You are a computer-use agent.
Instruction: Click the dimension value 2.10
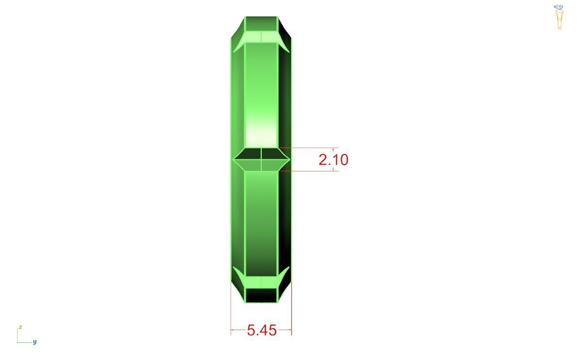click(x=333, y=159)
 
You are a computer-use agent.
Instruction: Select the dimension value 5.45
click(x=261, y=330)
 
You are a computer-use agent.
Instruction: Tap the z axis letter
click(x=20, y=328)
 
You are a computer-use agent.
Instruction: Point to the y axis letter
click(x=35, y=342)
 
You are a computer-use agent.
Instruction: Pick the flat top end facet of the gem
click(x=261, y=23)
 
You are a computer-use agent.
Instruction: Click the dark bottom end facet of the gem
click(x=261, y=295)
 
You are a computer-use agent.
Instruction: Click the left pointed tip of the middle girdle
click(x=234, y=159)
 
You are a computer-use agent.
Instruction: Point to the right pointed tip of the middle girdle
click(x=289, y=159)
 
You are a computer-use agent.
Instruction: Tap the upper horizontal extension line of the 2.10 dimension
click(x=310, y=148)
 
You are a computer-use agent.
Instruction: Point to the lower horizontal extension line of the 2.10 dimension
click(x=310, y=171)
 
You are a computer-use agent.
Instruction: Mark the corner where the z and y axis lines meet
click(x=17, y=343)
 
